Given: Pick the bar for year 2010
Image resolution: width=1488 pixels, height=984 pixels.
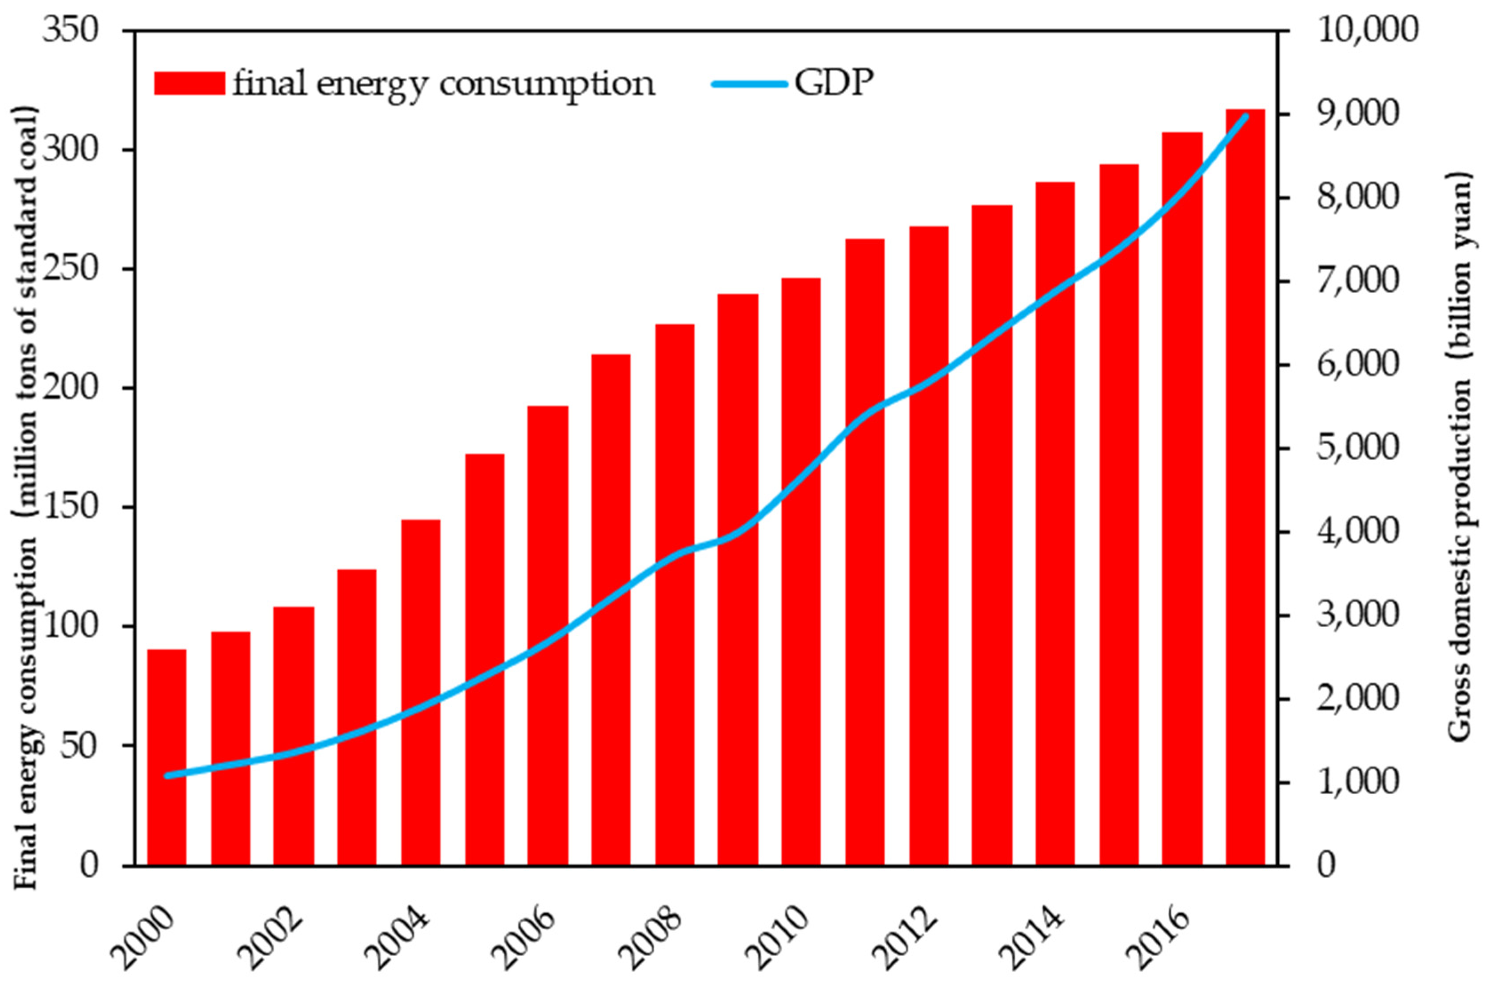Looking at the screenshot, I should pos(801,571).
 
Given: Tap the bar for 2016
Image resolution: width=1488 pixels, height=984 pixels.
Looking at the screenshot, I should pos(1182,499).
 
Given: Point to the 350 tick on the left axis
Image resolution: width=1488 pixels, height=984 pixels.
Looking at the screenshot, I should pos(70,30).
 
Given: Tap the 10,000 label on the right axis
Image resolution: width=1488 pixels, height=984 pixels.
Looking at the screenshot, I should pos(1366,30).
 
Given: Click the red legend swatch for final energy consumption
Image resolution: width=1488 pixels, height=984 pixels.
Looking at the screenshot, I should pos(190,84).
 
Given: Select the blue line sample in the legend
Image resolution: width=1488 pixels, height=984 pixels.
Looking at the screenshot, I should pos(750,84).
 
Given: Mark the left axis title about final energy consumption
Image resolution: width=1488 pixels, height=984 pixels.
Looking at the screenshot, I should pos(26,496).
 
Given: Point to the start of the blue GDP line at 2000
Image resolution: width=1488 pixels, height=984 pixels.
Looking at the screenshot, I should pos(167,776).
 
